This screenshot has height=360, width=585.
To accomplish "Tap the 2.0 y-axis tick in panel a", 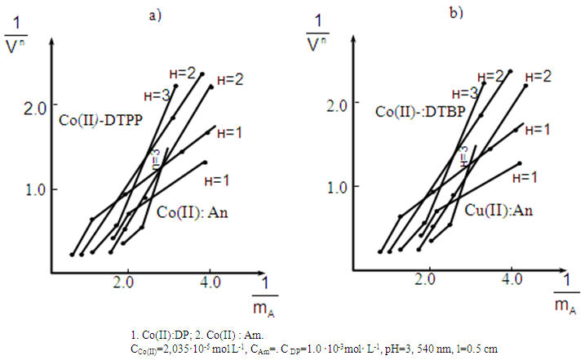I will [x=38, y=108].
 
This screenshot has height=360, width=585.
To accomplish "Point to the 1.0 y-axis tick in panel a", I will [x=38, y=189].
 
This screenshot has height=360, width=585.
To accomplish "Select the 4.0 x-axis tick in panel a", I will [x=209, y=282].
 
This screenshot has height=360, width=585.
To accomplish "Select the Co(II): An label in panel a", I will [x=191, y=214].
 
